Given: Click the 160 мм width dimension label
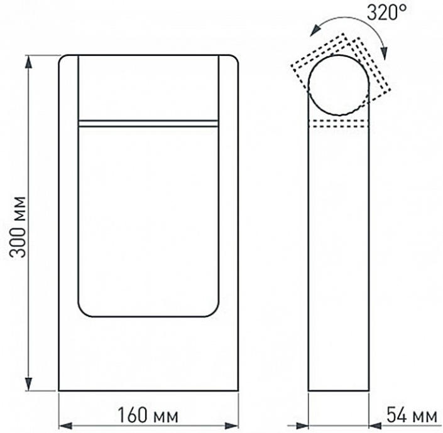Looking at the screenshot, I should (x=148, y=415).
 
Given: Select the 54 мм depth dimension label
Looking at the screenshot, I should (x=410, y=415).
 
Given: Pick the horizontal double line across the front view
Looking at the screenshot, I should (x=148, y=123).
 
